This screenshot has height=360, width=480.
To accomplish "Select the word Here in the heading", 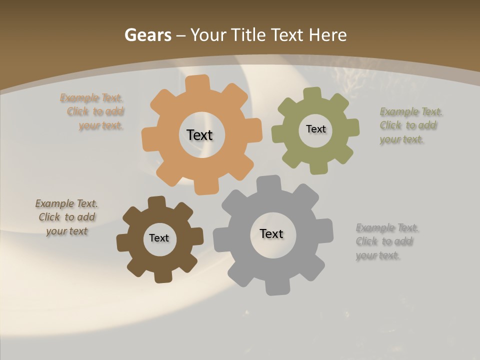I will (327, 35).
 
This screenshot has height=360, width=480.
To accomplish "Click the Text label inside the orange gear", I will (199, 135).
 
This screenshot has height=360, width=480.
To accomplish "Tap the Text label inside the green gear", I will (315, 129).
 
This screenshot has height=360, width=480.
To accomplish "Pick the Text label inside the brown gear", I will (159, 238).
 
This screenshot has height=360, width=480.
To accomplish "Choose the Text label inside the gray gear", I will (271, 233).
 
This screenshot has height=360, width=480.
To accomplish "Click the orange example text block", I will (92, 112).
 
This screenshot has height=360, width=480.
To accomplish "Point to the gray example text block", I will (386, 241).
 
